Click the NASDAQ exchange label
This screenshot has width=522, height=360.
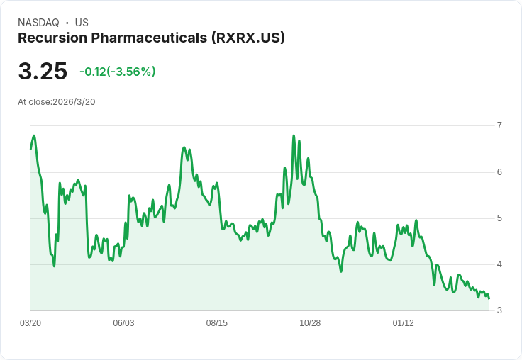(x=38, y=23)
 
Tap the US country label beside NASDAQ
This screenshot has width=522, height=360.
(x=81, y=23)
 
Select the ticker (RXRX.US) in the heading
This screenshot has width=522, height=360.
(x=248, y=38)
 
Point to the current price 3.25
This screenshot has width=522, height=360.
(x=43, y=71)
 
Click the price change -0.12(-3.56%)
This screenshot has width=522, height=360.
(x=118, y=72)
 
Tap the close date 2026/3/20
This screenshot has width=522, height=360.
(x=74, y=101)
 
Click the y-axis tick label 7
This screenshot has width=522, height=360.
(x=499, y=125)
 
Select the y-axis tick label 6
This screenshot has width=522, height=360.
(x=499, y=171)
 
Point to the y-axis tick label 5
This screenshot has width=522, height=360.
(x=499, y=218)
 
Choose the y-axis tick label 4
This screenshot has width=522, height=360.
(x=499, y=264)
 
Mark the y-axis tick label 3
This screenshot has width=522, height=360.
(x=499, y=310)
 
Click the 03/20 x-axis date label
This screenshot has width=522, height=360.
(x=30, y=323)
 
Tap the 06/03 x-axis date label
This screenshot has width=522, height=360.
(x=123, y=323)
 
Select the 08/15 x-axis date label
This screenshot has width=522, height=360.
(x=217, y=323)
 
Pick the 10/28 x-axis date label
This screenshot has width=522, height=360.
(x=310, y=323)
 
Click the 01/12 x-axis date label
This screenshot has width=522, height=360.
(x=403, y=323)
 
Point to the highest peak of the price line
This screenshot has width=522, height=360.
(x=294, y=135)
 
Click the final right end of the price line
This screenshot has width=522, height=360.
(x=489, y=298)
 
